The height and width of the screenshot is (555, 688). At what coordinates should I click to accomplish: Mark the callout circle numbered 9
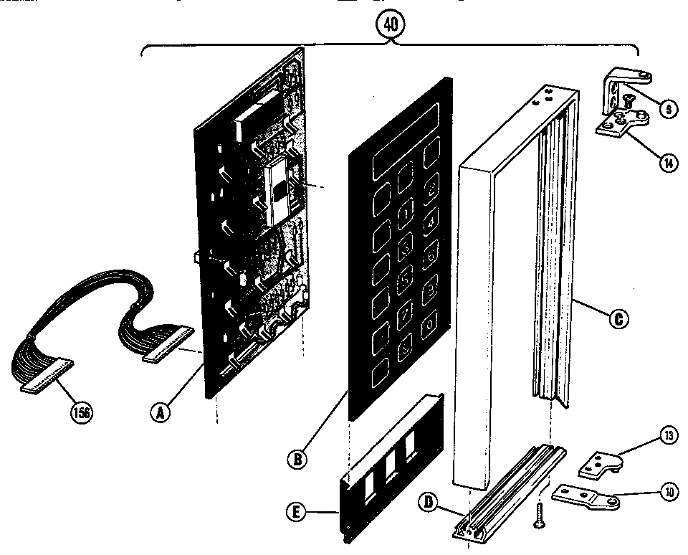[666, 110]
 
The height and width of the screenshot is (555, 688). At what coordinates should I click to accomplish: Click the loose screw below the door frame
[538, 516]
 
